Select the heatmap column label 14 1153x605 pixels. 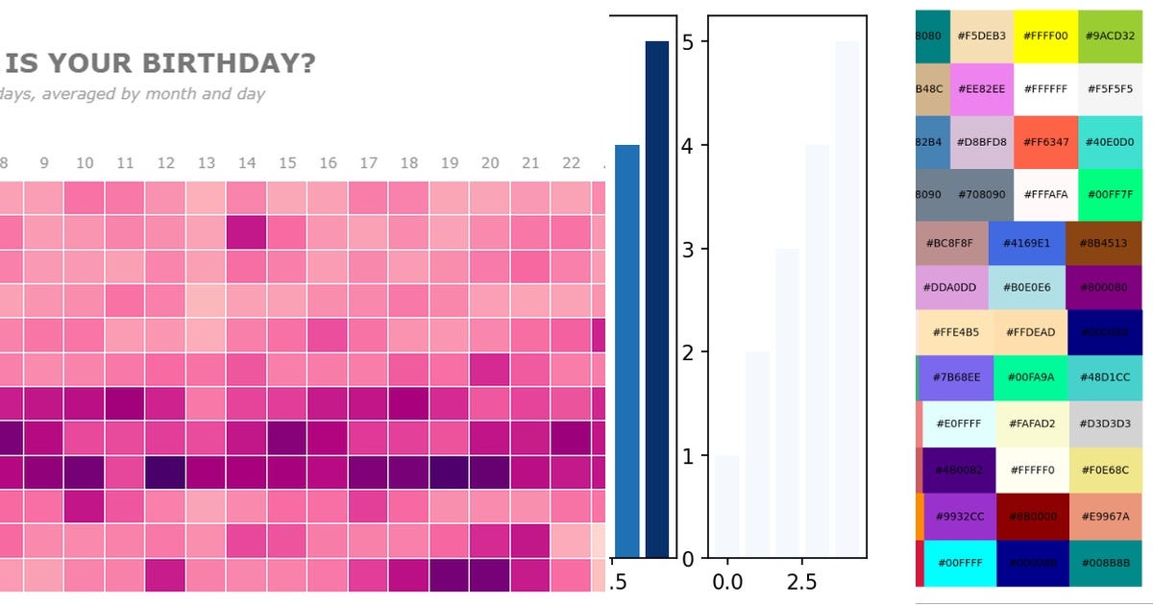(x=247, y=163)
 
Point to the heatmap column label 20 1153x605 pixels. (x=490, y=163)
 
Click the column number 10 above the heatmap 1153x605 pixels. (x=85, y=163)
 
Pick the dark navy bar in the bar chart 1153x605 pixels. (x=657, y=299)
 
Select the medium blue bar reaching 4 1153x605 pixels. (x=626, y=351)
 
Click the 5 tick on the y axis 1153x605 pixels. (x=688, y=42)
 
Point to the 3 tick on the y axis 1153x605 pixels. (x=688, y=250)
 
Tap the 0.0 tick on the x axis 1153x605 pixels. (x=727, y=582)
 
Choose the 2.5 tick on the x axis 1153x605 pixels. (x=801, y=582)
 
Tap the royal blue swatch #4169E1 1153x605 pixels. (x=1026, y=243)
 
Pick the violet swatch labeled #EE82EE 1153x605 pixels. (x=981, y=89)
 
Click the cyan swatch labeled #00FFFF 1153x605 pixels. (x=961, y=564)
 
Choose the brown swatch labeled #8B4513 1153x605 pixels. (x=1103, y=243)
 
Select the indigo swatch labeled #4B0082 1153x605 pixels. (x=959, y=471)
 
